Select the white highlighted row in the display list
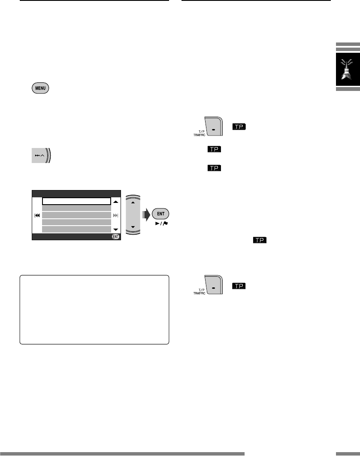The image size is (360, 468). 76,201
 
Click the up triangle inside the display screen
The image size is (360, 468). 115,201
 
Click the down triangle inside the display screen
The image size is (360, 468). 115,229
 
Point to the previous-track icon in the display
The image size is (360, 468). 37,215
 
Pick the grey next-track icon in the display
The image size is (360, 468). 115,215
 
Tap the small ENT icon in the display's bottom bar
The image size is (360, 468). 115,236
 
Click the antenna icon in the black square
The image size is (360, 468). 347,68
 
